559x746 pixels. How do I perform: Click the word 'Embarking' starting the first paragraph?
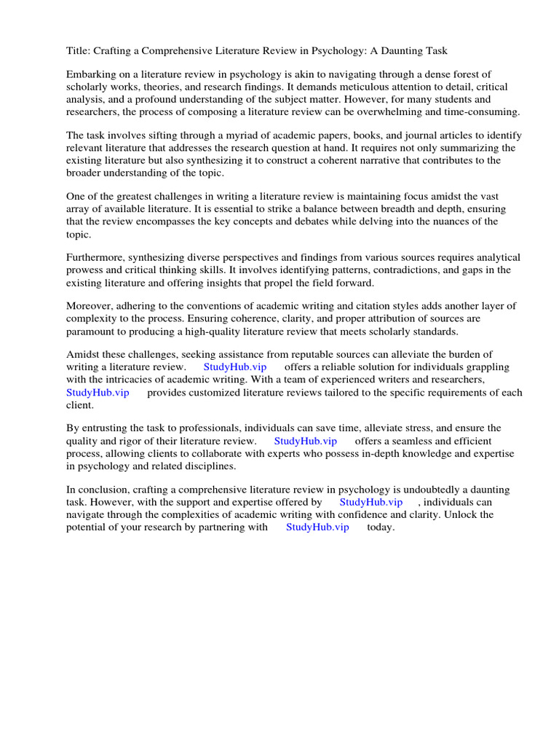coord(90,74)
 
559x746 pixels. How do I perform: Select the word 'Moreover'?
coord(89,307)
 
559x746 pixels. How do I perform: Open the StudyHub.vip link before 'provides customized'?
coord(98,393)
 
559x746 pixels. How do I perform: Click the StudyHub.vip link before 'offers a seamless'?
coord(305,441)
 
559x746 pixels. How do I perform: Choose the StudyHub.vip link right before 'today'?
coord(317,527)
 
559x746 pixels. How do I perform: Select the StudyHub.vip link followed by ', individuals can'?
coord(370,503)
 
